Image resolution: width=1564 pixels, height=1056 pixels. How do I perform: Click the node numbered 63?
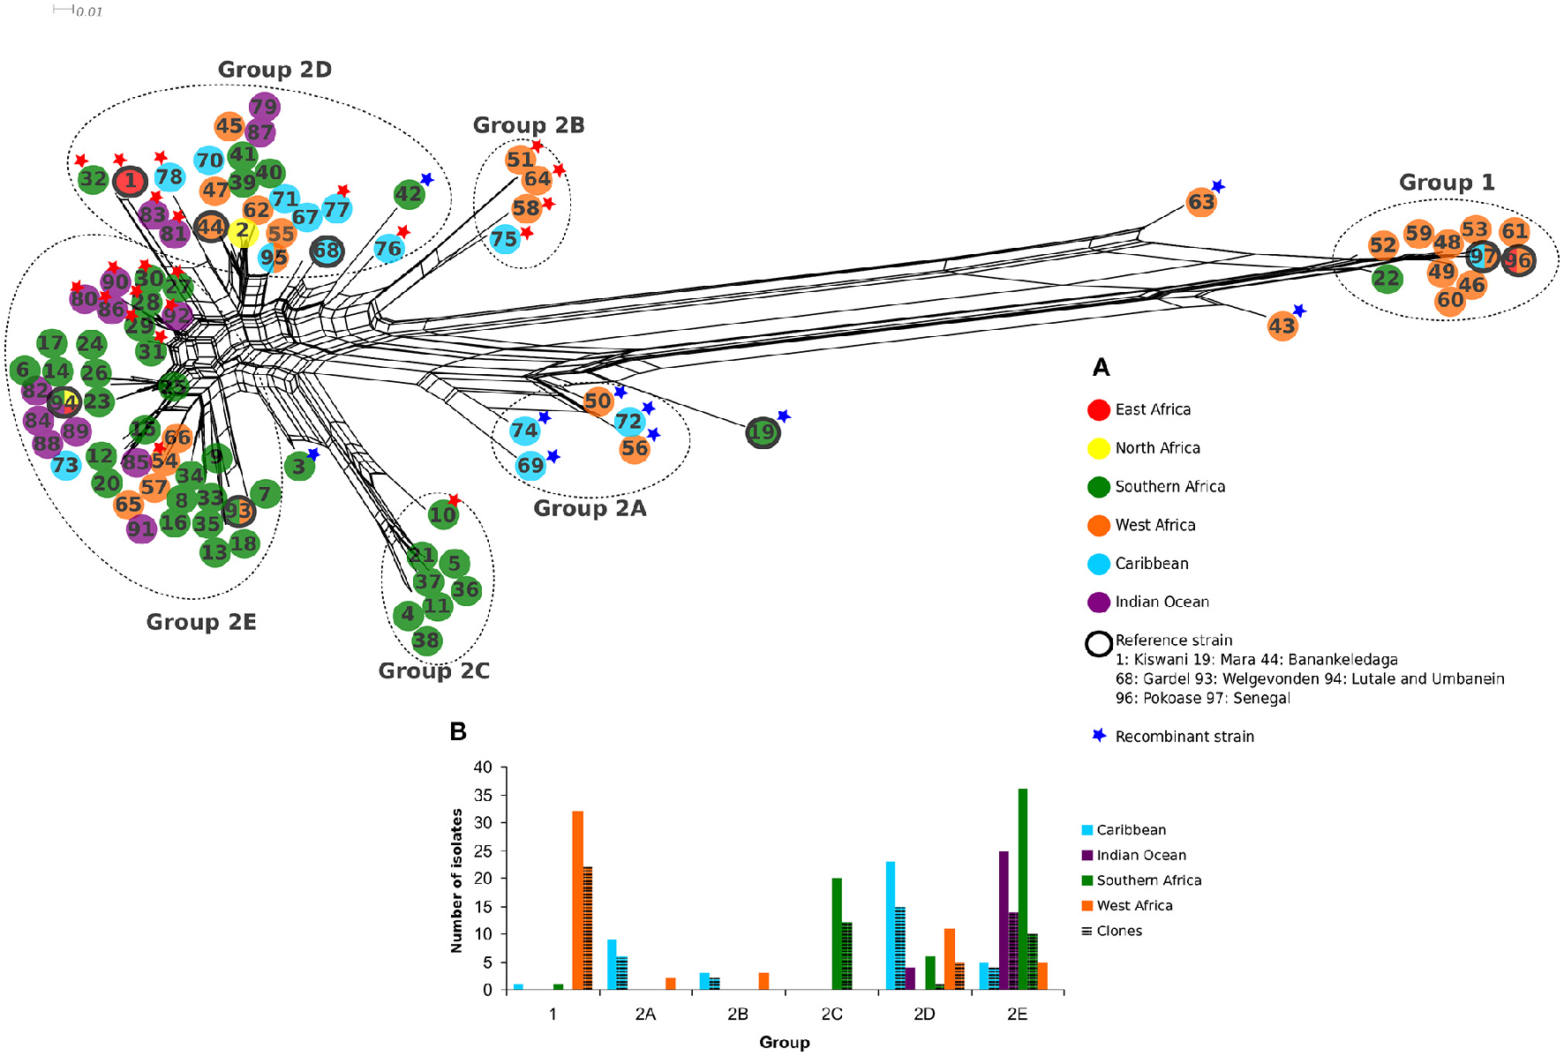pyautogui.click(x=1201, y=202)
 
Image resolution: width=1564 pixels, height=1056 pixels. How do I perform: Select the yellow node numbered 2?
pyautogui.click(x=242, y=231)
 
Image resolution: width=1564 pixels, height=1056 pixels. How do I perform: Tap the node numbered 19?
pyautogui.click(x=763, y=432)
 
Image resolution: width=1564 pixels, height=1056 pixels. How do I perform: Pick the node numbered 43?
pyautogui.click(x=1282, y=326)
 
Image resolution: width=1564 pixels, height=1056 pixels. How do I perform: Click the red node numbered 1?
pyautogui.click(x=131, y=182)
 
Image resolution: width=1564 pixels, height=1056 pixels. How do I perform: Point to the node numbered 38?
pyautogui.click(x=426, y=640)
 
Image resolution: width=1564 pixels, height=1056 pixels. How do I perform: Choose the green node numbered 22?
pyautogui.click(x=1387, y=280)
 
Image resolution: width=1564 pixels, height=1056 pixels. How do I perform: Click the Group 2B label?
pyautogui.click(x=529, y=125)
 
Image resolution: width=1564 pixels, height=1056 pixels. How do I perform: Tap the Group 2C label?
pyautogui.click(x=433, y=671)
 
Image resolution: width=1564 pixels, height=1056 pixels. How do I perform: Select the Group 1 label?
pyautogui.click(x=1447, y=183)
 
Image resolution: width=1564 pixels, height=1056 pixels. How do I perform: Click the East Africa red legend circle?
pyautogui.click(x=1099, y=409)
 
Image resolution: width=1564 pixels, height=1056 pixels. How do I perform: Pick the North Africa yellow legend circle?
pyautogui.click(x=1099, y=448)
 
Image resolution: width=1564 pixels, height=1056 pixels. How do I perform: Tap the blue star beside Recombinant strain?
pyautogui.click(x=1099, y=736)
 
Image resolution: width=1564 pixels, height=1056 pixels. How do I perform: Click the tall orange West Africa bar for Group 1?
pyautogui.click(x=578, y=900)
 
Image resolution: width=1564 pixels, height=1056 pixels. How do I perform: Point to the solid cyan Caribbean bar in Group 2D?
pyautogui.click(x=891, y=925)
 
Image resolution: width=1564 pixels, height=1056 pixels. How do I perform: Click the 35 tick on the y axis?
pyautogui.click(x=483, y=796)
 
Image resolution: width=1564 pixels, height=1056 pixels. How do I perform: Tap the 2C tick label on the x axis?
pyautogui.click(x=831, y=1015)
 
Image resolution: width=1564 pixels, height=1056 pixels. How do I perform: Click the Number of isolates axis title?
pyautogui.click(x=456, y=880)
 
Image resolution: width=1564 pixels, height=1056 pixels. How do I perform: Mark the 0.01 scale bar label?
pyautogui.click(x=89, y=12)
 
